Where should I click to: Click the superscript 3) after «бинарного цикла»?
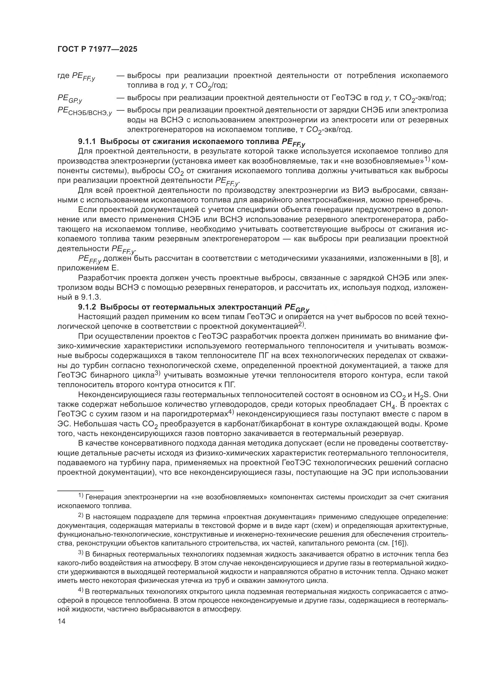point(158,374)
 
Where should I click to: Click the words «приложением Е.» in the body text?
point(88,268)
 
